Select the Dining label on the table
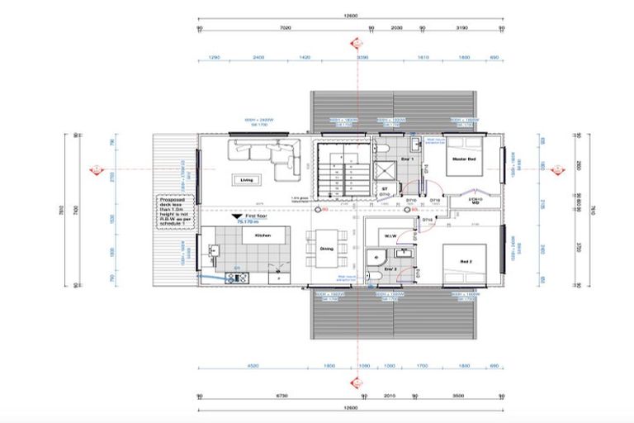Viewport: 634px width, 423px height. [327, 249]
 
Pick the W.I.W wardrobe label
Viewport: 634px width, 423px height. [388, 237]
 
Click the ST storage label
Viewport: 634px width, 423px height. [385, 189]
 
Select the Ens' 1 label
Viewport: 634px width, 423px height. [406, 157]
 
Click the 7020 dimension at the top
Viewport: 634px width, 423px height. [286, 28]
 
